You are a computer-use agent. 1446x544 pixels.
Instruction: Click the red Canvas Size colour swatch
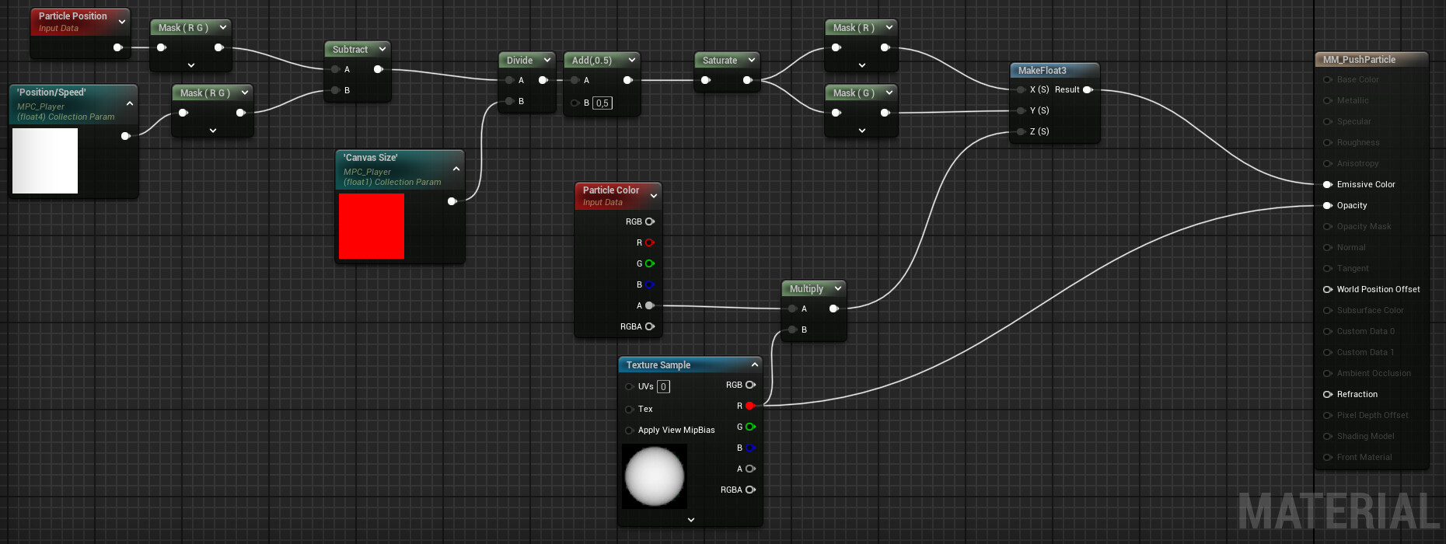pyautogui.click(x=371, y=225)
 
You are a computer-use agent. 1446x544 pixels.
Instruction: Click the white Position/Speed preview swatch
pyautogui.click(x=45, y=160)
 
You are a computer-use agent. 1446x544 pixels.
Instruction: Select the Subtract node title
pyautogui.click(x=350, y=50)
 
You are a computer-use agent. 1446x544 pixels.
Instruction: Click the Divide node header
pyautogui.click(x=519, y=61)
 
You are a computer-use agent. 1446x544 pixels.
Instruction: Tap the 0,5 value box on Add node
pyautogui.click(x=602, y=103)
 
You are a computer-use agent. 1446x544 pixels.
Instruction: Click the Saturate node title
pyautogui.click(x=719, y=61)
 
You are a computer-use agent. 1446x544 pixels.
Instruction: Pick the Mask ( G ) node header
pyautogui.click(x=853, y=93)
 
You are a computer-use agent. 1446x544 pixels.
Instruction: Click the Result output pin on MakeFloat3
pyautogui.click(x=1088, y=90)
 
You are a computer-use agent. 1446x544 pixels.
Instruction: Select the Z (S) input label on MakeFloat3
pyautogui.click(x=1039, y=132)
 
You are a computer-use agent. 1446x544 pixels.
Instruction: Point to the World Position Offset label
pyautogui.click(x=1378, y=290)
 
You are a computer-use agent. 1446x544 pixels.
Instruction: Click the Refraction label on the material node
pyautogui.click(x=1357, y=395)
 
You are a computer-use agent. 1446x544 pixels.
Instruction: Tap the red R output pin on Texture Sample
pyautogui.click(x=749, y=406)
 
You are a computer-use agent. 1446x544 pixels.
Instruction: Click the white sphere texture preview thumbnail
pyautogui.click(x=654, y=476)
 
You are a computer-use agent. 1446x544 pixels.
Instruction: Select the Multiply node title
pyautogui.click(x=806, y=289)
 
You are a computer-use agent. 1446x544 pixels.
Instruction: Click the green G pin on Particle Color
pyautogui.click(x=650, y=264)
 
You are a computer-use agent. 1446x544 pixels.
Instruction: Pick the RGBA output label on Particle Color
pyautogui.click(x=630, y=327)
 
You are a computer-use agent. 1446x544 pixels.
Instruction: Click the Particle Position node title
pyautogui.click(x=72, y=16)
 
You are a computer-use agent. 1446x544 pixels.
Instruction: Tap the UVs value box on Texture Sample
pyautogui.click(x=663, y=387)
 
